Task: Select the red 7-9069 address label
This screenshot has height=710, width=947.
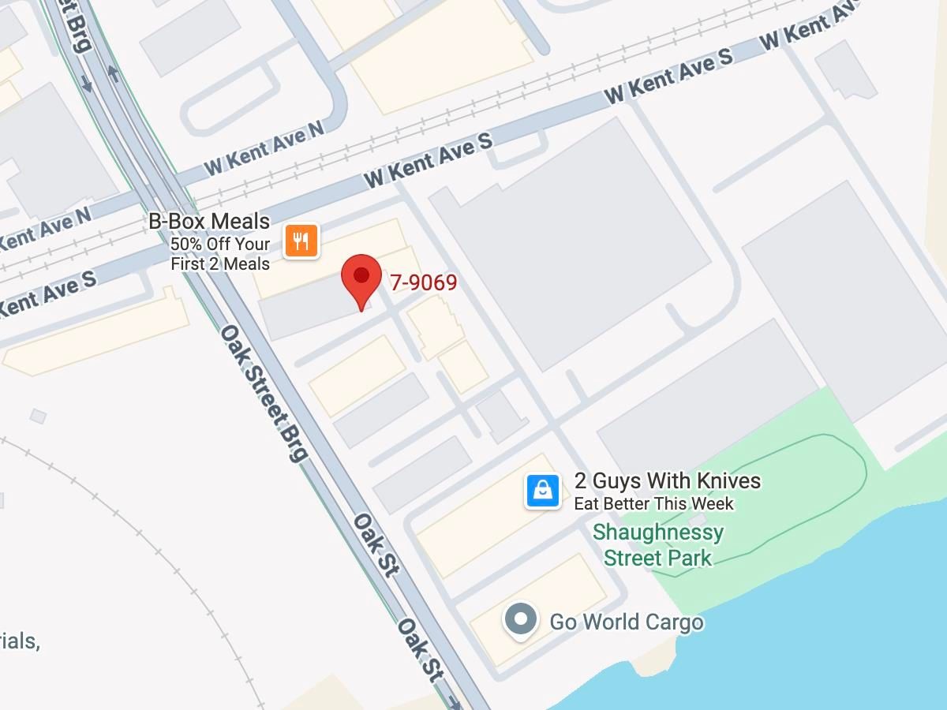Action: click(424, 282)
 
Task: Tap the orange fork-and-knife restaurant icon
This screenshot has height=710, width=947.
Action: click(301, 241)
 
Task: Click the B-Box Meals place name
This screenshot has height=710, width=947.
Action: click(209, 222)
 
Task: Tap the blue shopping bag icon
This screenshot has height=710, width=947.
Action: click(543, 491)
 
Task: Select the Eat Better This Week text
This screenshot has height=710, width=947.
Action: click(653, 503)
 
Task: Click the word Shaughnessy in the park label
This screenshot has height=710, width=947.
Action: click(658, 532)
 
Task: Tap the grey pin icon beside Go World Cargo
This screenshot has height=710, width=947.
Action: click(521, 619)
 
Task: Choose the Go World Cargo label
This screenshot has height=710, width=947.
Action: click(626, 622)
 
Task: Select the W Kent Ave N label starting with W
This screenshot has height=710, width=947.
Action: click(264, 148)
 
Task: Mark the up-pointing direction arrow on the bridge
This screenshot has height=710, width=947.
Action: click(112, 73)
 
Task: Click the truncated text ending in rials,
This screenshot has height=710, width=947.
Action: click(19, 641)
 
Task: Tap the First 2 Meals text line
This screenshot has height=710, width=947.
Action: click(220, 264)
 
